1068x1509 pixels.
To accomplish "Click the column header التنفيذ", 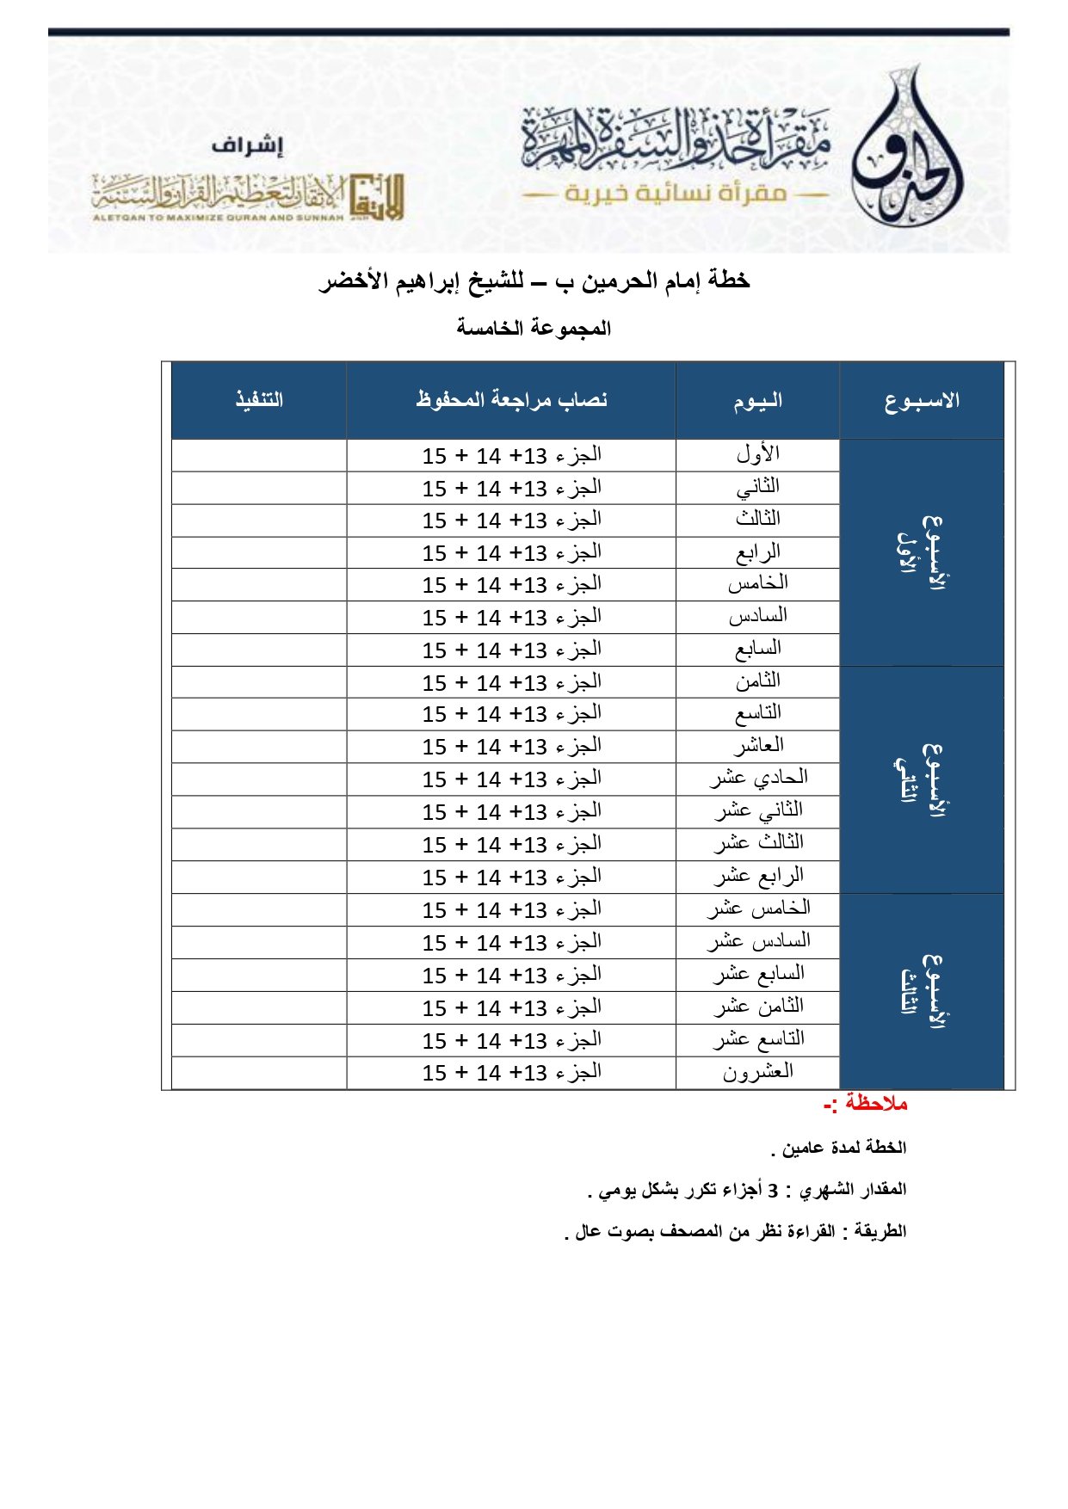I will tap(259, 400).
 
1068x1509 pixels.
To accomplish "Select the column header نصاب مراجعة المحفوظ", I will tap(511, 400).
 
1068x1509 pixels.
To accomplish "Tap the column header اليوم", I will tap(757, 401).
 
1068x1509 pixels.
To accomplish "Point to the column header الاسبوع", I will tap(922, 401).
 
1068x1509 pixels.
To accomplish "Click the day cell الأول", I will tap(757, 454).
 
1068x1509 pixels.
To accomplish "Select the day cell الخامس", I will tap(757, 584).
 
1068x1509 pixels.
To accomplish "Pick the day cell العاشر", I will tap(757, 746).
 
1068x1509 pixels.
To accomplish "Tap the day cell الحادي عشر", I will tap(757, 779).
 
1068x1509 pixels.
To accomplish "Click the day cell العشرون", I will tap(757, 1073).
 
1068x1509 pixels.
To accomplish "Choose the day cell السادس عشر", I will tap(757, 942).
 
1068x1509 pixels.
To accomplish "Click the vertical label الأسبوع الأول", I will tap(921, 553).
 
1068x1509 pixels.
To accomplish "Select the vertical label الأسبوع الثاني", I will tap(921, 779).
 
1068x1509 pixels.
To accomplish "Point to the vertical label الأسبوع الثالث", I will tap(921, 991).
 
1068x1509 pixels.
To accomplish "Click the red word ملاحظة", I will tap(875, 1104).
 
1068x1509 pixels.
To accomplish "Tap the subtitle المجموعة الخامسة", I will tap(534, 329).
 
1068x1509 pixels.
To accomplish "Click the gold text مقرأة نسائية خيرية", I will tap(675, 194).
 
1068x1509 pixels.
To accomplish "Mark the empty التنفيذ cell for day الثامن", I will tap(259, 682).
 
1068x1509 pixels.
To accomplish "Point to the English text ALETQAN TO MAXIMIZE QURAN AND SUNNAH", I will tap(218, 218).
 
